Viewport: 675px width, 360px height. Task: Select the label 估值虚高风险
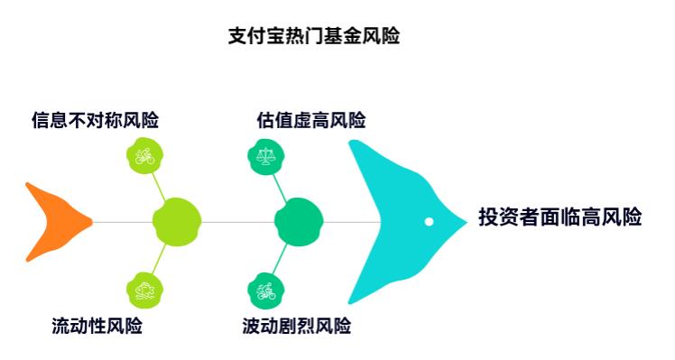311,120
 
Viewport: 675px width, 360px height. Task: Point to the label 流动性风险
97,326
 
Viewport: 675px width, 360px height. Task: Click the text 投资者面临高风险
559,217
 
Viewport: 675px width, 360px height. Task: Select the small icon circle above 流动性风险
143,289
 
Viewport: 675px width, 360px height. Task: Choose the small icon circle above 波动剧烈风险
265,289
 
